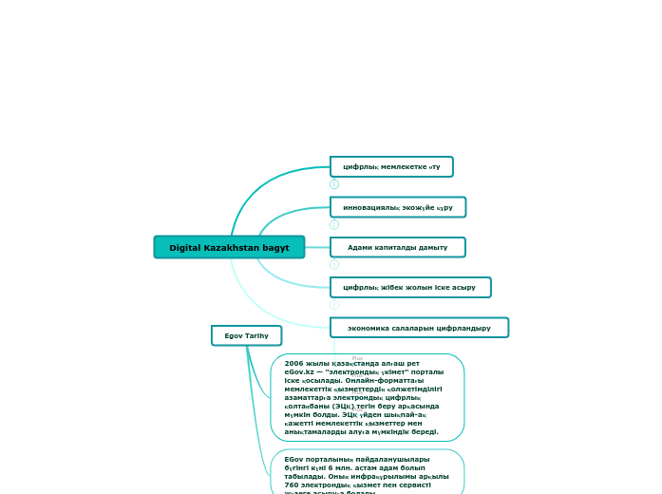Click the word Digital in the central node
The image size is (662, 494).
[x=185, y=248]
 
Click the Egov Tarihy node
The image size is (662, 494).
[x=246, y=336]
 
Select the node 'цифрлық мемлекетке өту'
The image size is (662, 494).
[x=391, y=167]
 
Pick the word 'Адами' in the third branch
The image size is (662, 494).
[x=360, y=247]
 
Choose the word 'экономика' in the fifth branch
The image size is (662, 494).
[x=370, y=328]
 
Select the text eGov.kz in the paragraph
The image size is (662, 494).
[x=298, y=371]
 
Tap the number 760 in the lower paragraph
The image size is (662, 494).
[x=293, y=484]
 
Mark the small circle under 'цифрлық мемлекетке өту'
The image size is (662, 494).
[x=334, y=184]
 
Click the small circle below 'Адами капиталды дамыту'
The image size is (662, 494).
[x=334, y=264]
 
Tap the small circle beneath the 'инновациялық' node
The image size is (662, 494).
[x=334, y=224]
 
